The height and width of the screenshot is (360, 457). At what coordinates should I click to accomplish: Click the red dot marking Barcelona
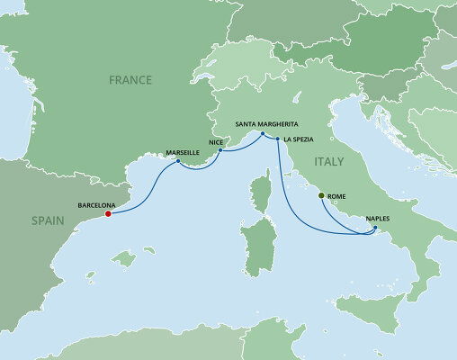pos(109,214)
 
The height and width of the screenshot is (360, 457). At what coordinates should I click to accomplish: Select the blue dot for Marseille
pos(178,162)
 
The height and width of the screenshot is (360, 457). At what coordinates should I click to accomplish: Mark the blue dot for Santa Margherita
pos(262,135)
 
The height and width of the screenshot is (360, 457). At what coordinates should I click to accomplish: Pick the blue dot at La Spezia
pos(279,140)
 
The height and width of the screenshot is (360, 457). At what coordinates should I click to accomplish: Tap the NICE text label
pos(213,141)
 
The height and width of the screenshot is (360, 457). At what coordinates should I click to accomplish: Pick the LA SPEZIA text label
pos(300,140)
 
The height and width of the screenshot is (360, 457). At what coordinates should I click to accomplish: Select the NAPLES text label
pos(378,218)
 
